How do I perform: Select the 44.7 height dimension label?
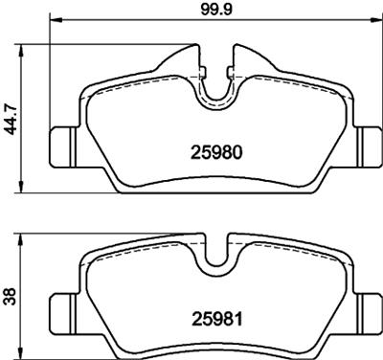11,114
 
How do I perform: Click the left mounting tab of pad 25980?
62,145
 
